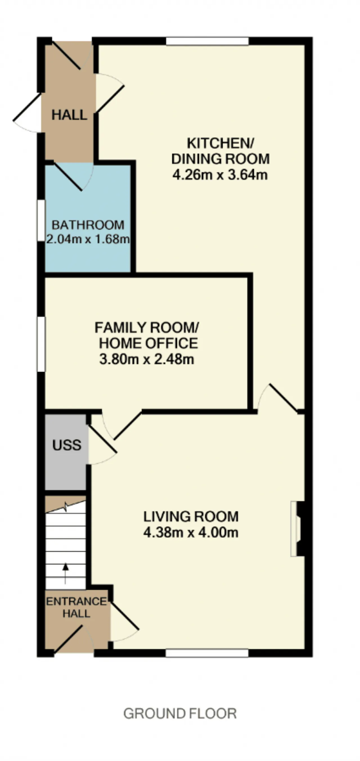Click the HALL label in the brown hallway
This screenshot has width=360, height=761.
69,115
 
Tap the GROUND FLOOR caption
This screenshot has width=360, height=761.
180,714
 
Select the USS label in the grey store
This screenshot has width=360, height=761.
67,445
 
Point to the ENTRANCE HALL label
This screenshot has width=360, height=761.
76,608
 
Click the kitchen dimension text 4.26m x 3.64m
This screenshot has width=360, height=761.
220,175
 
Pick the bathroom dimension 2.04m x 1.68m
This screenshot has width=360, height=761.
88,239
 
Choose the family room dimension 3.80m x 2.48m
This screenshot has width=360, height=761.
147,359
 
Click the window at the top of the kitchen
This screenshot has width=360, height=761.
207,41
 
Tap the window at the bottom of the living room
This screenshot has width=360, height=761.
207,653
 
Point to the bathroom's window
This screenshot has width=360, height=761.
41,220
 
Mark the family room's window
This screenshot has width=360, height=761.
41,344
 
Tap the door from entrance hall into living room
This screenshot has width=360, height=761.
124,616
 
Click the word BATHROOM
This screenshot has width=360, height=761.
88,225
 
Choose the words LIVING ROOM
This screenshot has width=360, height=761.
191,517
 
